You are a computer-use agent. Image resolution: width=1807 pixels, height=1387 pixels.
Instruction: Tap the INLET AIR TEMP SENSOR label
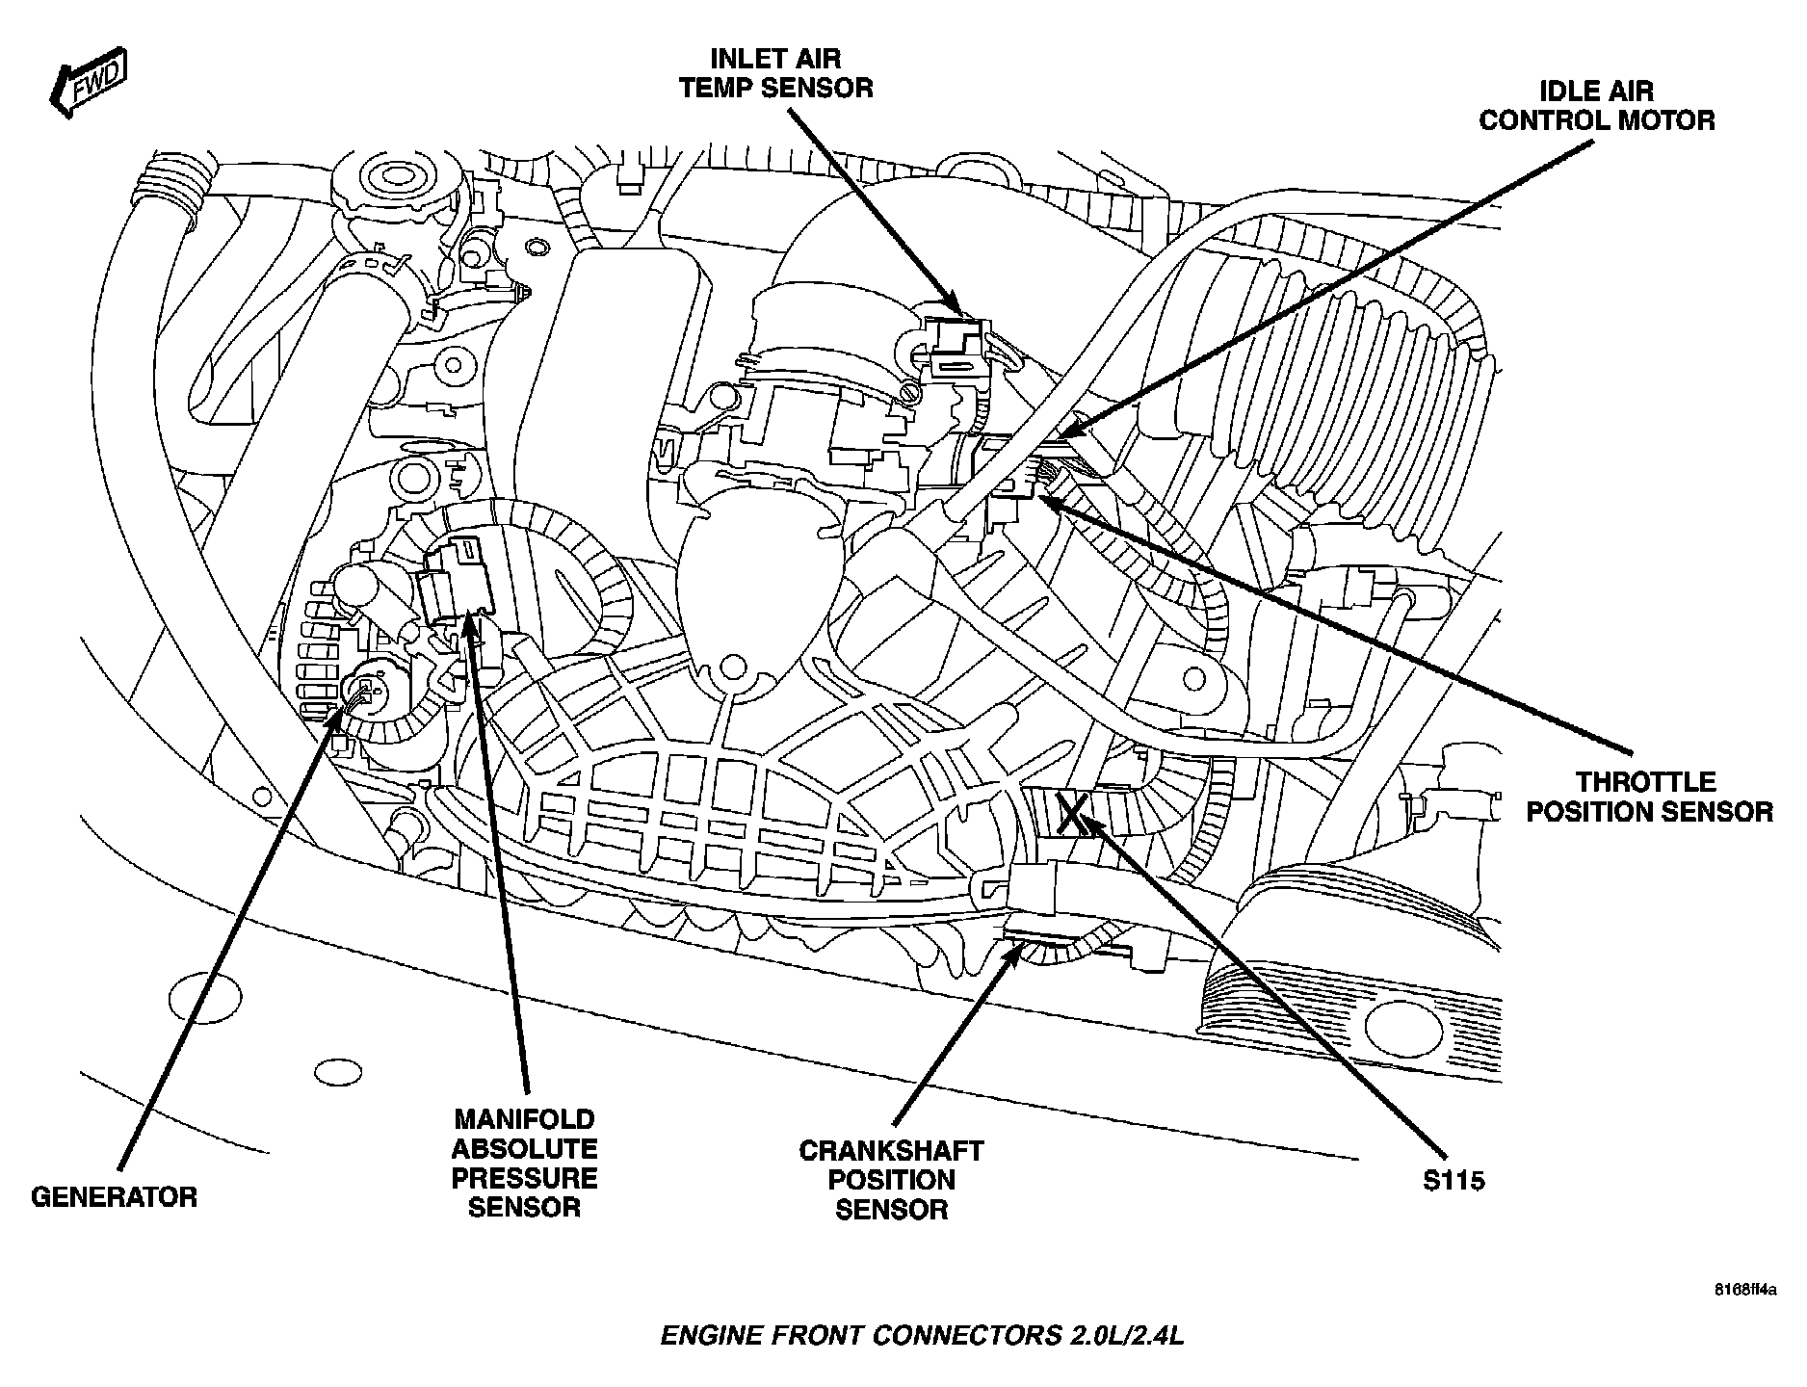tap(775, 74)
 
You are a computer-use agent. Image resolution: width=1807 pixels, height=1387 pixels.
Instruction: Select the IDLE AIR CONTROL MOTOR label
tap(1597, 106)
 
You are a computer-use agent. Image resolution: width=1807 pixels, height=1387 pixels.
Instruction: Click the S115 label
tap(1453, 1179)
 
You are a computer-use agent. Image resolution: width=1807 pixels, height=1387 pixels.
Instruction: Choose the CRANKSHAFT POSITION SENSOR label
tap(891, 1179)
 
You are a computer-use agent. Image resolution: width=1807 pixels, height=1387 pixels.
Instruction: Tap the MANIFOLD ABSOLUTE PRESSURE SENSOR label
tap(525, 1163)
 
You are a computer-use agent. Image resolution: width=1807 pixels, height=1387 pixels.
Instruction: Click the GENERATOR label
tap(115, 1196)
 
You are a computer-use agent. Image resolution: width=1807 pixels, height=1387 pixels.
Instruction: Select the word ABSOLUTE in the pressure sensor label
tap(525, 1148)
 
